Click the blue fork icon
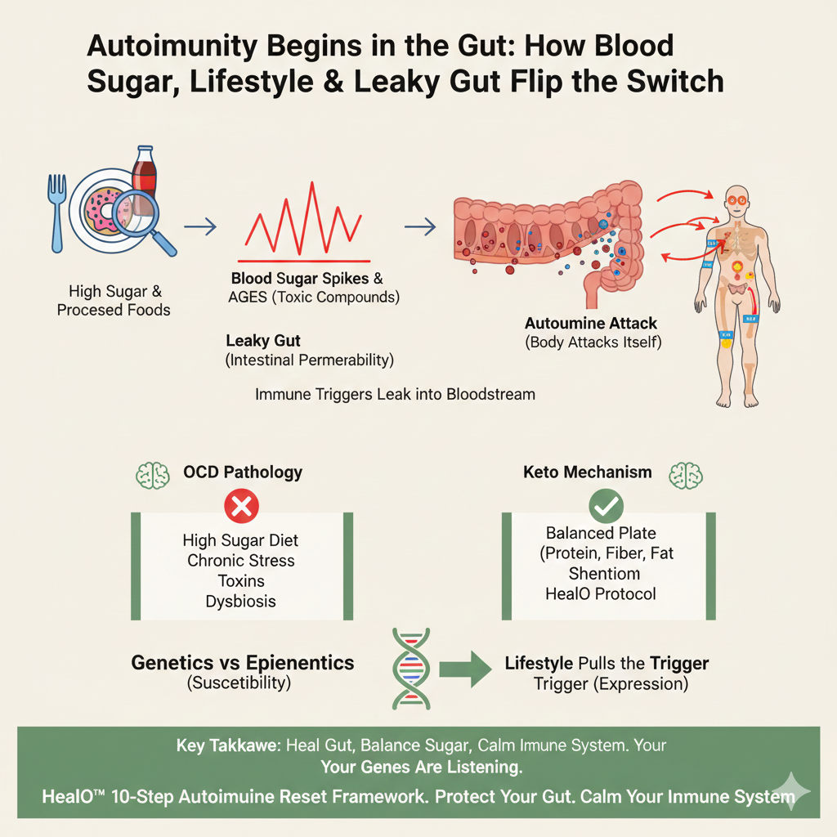[x=56, y=213]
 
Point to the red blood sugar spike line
[x=303, y=219]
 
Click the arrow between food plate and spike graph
[x=200, y=226]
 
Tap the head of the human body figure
[x=737, y=201]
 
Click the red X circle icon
[x=241, y=506]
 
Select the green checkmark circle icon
[x=606, y=506]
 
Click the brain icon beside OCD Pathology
[x=153, y=475]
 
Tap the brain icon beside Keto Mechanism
[x=686, y=475]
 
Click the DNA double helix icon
[x=411, y=669]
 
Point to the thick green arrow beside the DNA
[x=465, y=669]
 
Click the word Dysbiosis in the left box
[x=241, y=601]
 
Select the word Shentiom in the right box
[x=604, y=573]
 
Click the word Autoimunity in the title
[x=172, y=46]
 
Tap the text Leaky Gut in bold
[x=263, y=341]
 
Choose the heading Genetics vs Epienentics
[x=242, y=662]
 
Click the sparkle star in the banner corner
[x=791, y=791]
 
